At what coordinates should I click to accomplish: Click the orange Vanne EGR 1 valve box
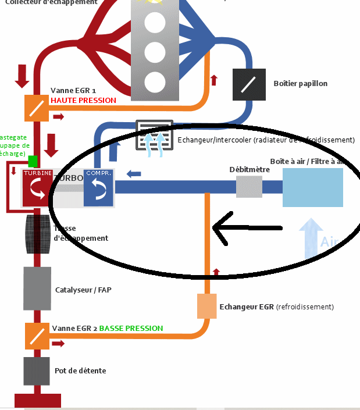coord(36,108)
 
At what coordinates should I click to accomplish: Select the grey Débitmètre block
coord(249,187)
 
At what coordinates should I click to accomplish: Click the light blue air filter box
coord(312,187)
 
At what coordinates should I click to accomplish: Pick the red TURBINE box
coord(38,188)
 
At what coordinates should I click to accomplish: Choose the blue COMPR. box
coord(98,188)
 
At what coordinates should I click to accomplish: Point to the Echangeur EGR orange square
coord(207,306)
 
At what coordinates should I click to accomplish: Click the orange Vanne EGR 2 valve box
coord(36,336)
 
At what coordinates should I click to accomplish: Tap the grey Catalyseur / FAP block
coord(36,288)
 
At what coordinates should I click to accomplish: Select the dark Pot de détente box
coord(36,370)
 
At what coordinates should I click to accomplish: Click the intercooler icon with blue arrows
coord(154,136)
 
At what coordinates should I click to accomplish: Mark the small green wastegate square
coord(33,161)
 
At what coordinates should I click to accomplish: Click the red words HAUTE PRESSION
coord(83,100)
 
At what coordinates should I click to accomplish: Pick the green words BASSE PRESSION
coord(131,328)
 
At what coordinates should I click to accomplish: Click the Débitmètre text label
coord(249,169)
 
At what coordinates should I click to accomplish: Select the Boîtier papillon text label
coord(300,84)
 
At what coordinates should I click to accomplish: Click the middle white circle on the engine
coord(154,52)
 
